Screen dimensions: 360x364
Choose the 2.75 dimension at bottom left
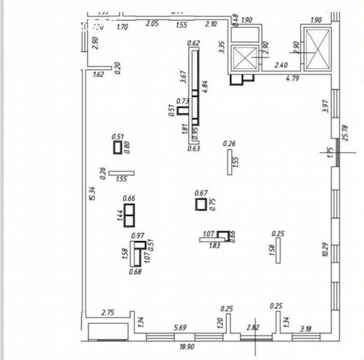109,313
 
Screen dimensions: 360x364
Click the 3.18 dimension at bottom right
306,329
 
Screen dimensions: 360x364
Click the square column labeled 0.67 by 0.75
201,204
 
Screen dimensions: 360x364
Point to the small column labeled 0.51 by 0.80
117,147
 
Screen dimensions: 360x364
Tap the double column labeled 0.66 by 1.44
129,215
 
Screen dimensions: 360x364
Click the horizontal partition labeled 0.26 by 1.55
122,173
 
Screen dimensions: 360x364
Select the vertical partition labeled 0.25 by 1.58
278,250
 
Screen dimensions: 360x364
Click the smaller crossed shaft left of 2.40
244,57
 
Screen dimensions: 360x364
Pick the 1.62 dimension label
98,75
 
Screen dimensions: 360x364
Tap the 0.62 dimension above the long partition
194,43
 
